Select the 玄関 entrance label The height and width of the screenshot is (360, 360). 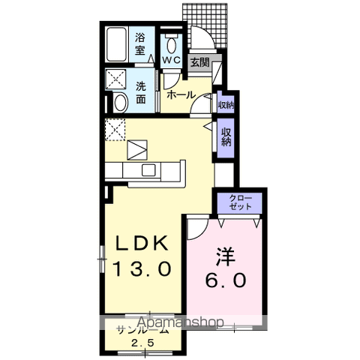199,63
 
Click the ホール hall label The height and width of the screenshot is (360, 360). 181,95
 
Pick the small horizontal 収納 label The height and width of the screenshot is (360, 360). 225,104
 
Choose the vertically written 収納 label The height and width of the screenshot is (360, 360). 225,136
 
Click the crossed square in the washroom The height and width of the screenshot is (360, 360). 116,78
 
